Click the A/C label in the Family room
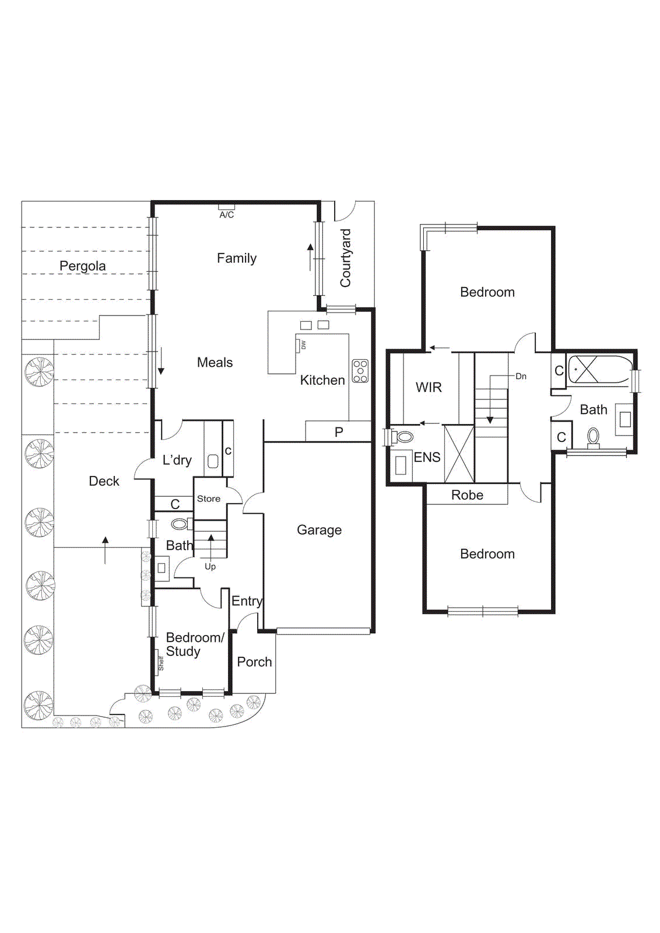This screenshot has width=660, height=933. pos(227,215)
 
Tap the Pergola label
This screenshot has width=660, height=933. pos(83,266)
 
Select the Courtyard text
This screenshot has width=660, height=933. pos(346,258)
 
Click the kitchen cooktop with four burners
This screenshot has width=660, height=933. pos(360,371)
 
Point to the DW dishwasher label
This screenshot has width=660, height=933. pos(303,345)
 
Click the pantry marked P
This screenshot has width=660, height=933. pos(339,432)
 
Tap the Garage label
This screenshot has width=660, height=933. pos(319,530)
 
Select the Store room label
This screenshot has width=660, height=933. pos(209,499)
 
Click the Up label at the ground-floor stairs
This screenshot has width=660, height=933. pos(210,566)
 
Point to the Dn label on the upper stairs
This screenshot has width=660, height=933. pos(521,376)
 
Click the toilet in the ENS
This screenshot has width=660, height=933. pos(403,436)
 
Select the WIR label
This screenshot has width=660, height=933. pos(429,387)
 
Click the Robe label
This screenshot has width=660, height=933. pos(467,495)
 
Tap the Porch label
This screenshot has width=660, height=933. pos(254,662)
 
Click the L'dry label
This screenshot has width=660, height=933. pos(177,460)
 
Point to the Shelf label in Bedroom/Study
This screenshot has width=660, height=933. pos(161,664)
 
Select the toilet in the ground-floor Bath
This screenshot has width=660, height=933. pos(180,524)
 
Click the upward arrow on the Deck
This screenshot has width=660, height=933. pos(105,550)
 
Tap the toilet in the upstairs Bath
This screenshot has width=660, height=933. pos(593,436)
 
